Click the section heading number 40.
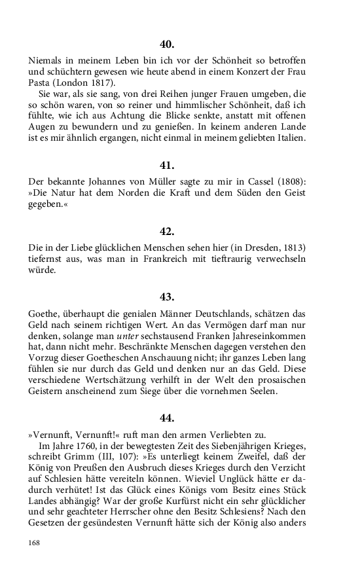click(x=167, y=45)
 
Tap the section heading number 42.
click(x=167, y=231)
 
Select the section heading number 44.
click(x=167, y=417)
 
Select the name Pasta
click(x=41, y=83)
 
